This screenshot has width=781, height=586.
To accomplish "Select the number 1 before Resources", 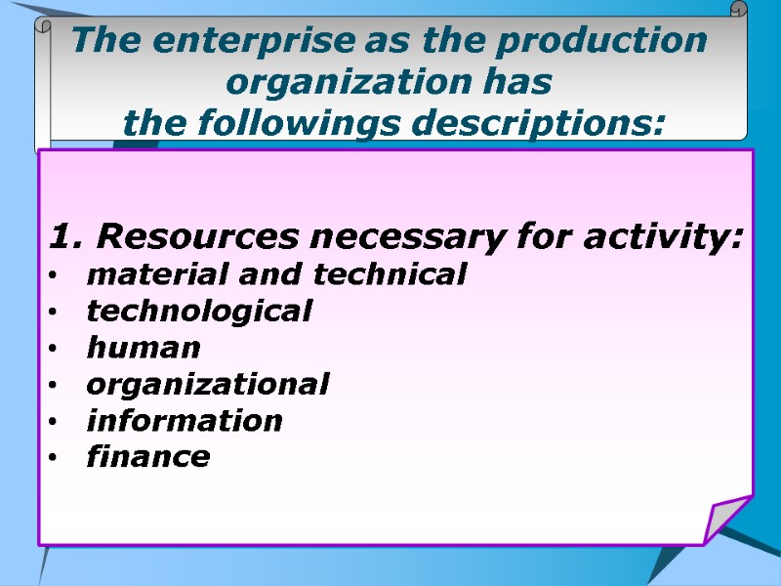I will [61, 236].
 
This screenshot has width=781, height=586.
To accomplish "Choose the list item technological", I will [199, 312].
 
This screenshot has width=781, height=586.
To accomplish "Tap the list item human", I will [144, 348].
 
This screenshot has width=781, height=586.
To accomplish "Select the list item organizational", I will [208, 384].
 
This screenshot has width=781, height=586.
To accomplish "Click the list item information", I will [185, 421].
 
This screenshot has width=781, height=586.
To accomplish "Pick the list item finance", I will [148, 456].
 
